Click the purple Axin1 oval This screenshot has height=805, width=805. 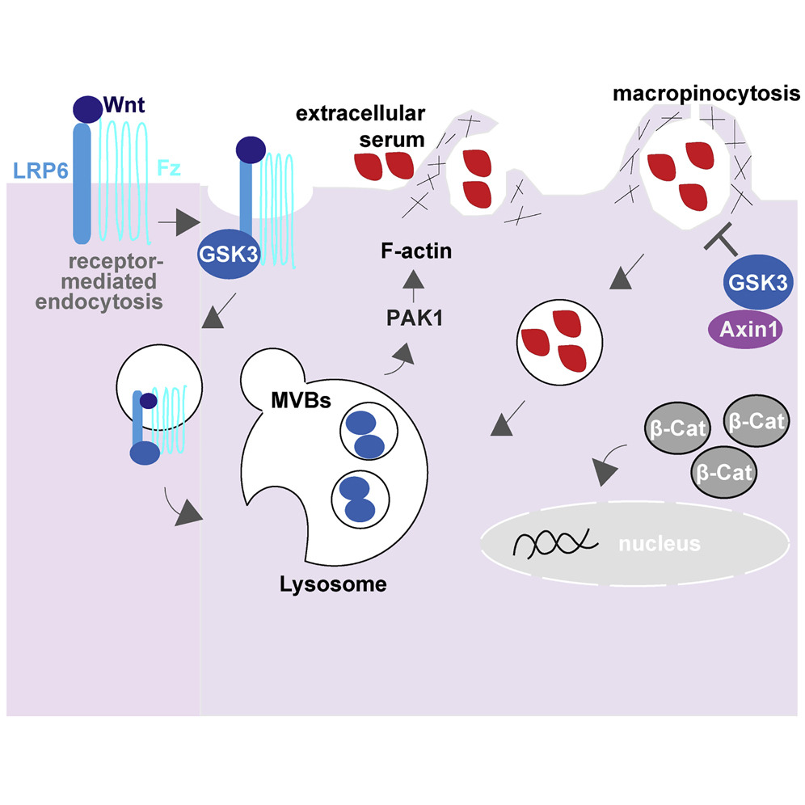coord(744,331)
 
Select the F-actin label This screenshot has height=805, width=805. coord(415,252)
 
